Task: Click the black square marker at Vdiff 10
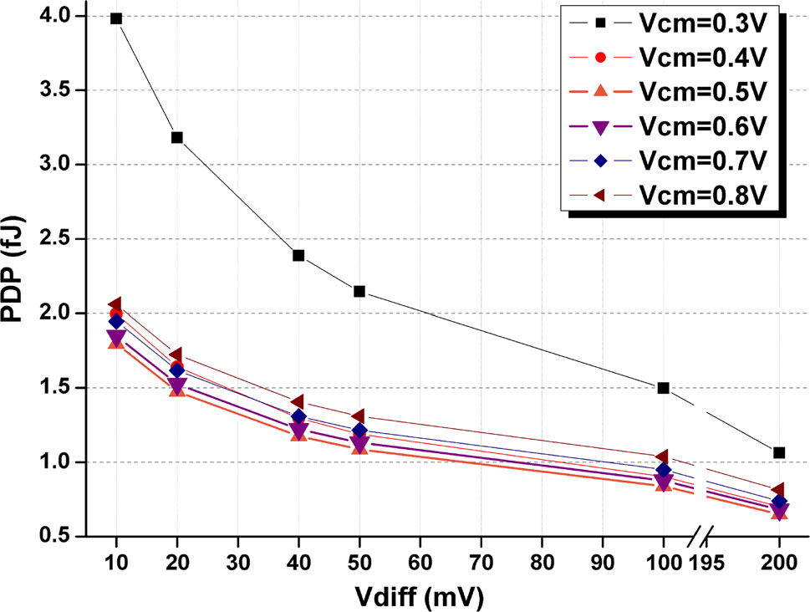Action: (116, 18)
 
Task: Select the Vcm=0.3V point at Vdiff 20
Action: (177, 137)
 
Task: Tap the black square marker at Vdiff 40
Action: (298, 255)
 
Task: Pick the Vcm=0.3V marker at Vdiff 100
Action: (664, 388)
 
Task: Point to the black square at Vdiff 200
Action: (779, 452)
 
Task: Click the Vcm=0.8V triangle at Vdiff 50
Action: (359, 416)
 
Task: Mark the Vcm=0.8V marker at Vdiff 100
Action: (664, 456)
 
